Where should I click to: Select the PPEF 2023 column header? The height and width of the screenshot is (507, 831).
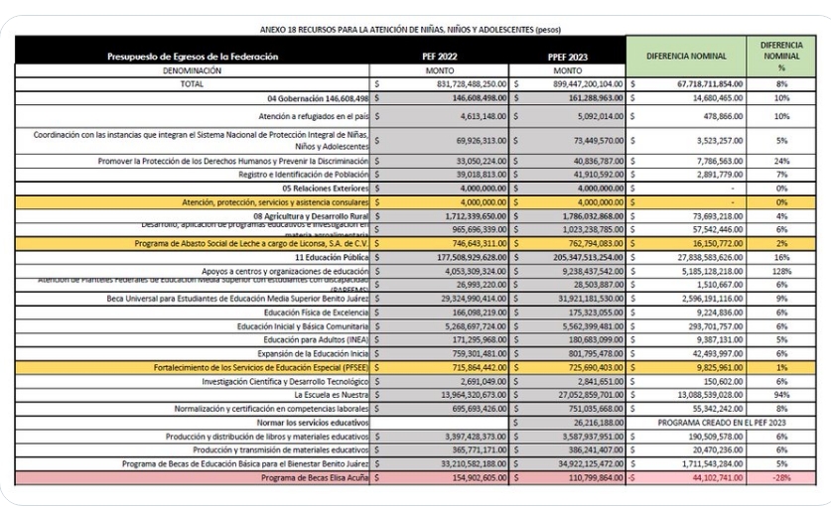(x=568, y=57)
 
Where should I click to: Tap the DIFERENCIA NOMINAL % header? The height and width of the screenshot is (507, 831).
(x=781, y=56)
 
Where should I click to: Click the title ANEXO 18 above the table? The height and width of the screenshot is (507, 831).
(x=415, y=30)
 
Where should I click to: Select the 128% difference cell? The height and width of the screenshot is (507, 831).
(x=782, y=270)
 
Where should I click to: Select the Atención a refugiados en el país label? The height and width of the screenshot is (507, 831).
(x=301, y=116)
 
